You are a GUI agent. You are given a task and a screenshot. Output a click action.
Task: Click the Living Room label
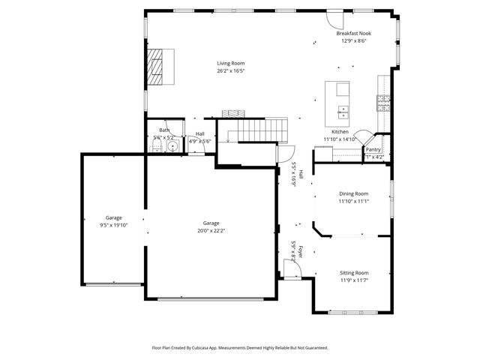tap(231, 64)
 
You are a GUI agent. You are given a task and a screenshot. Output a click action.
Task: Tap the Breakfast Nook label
tap(353, 34)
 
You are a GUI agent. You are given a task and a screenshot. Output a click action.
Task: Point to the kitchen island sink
tap(343, 112)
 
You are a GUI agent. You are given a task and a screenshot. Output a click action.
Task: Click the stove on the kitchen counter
tap(383, 102)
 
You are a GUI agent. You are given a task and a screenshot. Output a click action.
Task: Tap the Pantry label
tap(373, 149)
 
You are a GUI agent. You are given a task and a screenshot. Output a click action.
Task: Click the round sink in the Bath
tap(172, 147)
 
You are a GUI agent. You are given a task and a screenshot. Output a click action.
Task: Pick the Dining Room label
tap(353, 193)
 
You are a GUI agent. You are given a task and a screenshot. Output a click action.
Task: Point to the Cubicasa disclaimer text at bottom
tap(240, 347)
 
